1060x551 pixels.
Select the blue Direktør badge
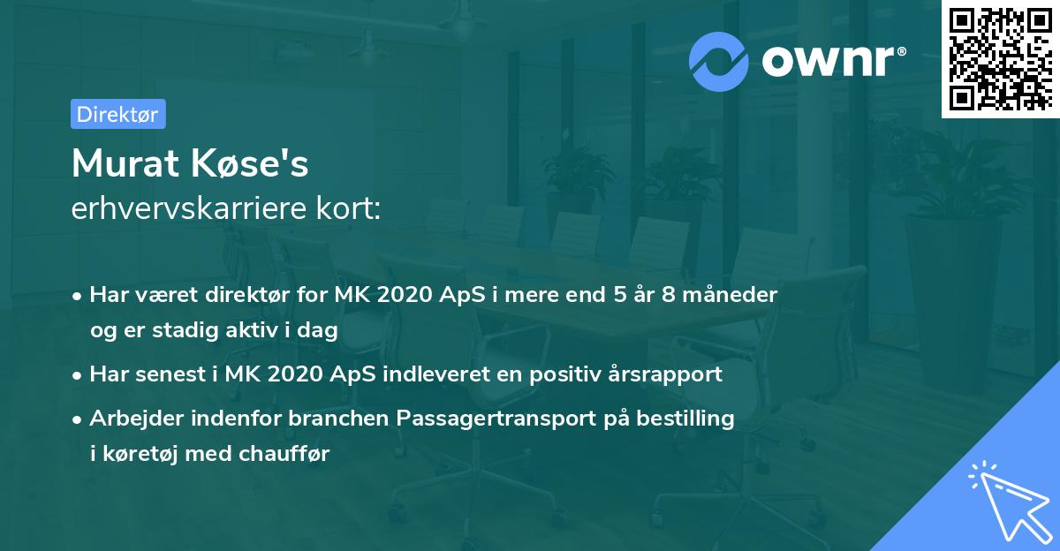click(x=117, y=114)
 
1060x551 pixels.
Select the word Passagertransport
click(x=496, y=419)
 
